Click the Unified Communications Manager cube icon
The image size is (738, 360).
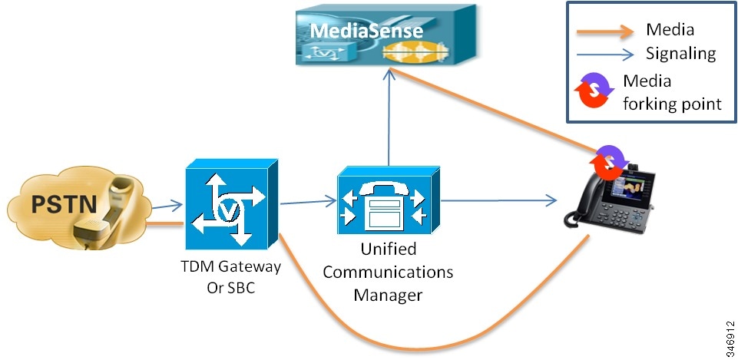(389, 200)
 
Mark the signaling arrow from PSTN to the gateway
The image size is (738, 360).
(166, 205)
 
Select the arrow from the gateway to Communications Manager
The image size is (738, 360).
(308, 203)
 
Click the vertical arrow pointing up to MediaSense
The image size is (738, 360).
(389, 115)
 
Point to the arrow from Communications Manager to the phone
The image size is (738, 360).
(499, 201)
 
